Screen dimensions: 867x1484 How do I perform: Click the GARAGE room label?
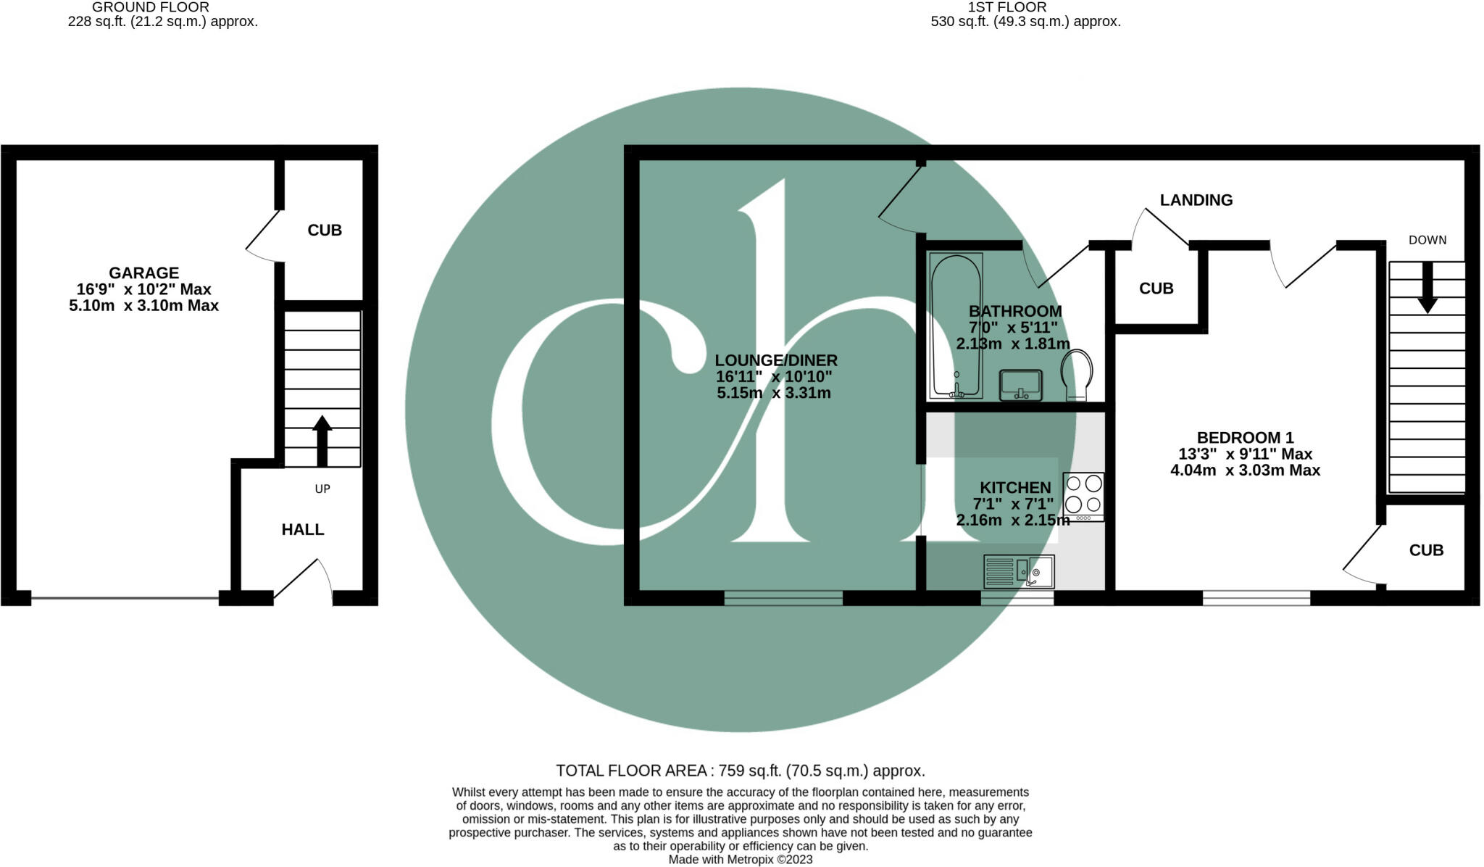(x=143, y=273)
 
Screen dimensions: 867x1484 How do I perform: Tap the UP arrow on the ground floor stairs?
(x=322, y=440)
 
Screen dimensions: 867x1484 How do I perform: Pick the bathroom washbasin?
(x=1020, y=385)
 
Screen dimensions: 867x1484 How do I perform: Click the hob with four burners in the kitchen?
(x=1083, y=496)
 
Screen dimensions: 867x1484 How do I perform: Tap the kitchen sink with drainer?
(x=1018, y=571)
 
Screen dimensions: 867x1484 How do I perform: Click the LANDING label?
(x=1196, y=200)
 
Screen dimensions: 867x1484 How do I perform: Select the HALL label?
(x=302, y=530)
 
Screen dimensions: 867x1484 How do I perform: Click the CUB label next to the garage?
(x=324, y=231)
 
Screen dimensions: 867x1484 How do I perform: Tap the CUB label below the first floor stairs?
(x=1426, y=551)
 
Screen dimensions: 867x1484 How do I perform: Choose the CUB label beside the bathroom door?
(x=1156, y=289)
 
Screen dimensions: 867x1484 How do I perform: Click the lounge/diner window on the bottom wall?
(x=783, y=598)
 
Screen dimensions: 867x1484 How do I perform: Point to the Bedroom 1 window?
(x=1256, y=598)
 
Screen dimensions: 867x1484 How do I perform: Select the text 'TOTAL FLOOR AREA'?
(x=630, y=771)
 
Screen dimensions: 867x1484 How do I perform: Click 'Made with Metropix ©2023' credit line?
(x=740, y=860)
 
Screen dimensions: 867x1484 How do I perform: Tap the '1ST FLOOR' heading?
(x=1006, y=7)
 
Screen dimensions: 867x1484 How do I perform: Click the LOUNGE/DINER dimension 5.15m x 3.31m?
(x=773, y=394)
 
